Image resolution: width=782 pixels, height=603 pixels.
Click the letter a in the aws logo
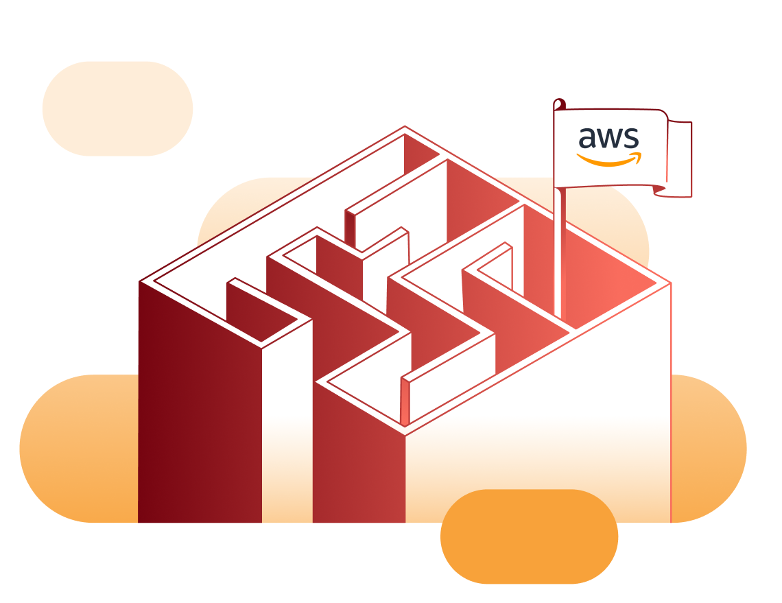click(x=587, y=139)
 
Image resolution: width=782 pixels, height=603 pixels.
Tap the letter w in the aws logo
click(x=609, y=139)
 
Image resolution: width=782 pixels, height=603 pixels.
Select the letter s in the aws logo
click(x=631, y=139)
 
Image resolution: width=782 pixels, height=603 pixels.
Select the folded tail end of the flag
click(x=679, y=158)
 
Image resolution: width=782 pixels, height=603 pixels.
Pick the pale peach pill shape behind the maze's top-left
click(x=117, y=108)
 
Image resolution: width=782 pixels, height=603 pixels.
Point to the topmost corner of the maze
click(x=405, y=127)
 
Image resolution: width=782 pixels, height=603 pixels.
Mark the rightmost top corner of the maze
click(x=670, y=283)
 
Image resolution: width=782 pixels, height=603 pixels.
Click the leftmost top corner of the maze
click(x=140, y=281)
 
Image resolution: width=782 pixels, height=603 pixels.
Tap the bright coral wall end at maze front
click(x=405, y=401)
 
